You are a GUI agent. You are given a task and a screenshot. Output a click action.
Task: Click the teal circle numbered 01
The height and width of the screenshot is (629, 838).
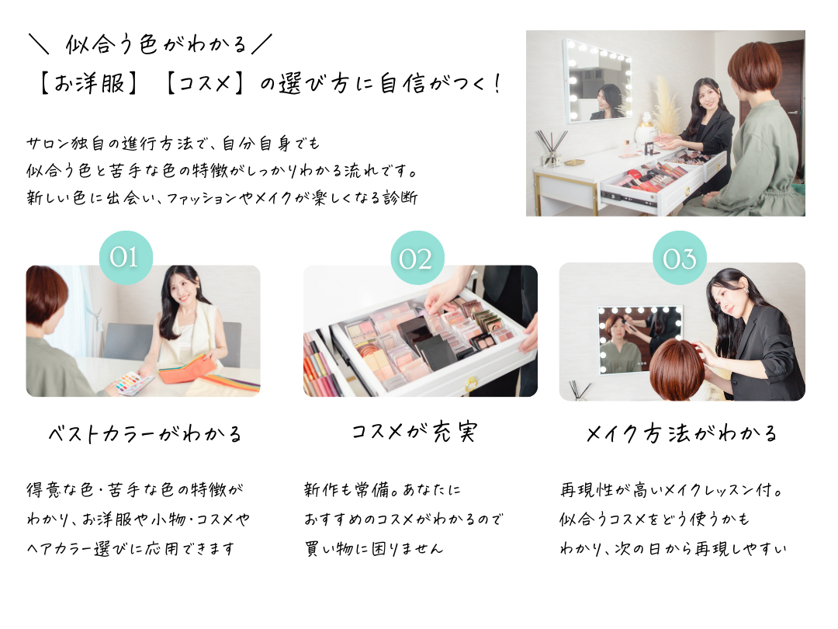126,257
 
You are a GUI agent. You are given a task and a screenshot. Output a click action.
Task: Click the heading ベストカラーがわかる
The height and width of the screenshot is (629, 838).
145,433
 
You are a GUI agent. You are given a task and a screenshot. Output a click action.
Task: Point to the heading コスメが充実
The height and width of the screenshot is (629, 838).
414,433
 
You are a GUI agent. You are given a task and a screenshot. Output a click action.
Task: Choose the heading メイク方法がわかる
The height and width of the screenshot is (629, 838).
681,433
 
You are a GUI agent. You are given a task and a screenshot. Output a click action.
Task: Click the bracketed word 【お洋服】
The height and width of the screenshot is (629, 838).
88,84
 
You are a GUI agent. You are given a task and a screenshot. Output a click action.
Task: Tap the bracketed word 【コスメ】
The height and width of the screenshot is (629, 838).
204,84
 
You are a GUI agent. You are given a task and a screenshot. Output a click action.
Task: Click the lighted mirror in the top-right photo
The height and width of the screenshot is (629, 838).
597,80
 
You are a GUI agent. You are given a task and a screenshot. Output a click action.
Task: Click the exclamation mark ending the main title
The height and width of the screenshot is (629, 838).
497,83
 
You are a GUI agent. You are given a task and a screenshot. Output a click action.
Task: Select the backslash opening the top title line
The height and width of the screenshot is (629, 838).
39,43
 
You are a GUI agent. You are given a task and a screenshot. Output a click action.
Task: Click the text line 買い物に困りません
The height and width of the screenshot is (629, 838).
373,549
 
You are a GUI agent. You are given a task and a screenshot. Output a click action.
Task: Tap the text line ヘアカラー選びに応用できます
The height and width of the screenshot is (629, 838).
130,549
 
